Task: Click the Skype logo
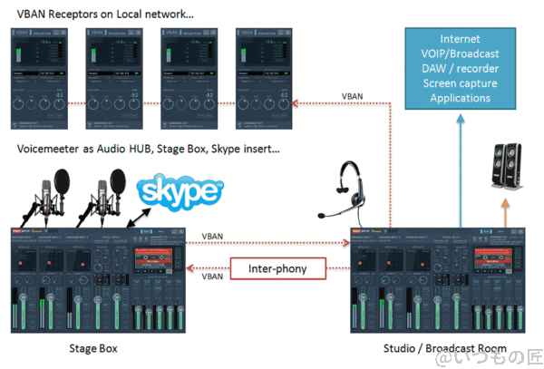coord(179,192)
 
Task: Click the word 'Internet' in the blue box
coord(460,39)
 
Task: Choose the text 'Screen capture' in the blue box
coord(460,83)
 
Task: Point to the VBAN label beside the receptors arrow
coord(354,95)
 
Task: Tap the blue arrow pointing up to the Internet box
coord(460,172)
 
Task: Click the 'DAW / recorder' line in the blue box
coord(460,69)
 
